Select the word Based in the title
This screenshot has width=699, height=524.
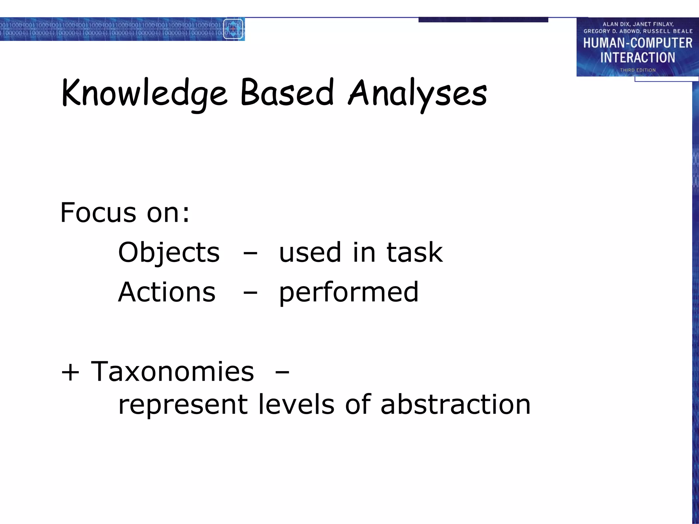click(x=287, y=92)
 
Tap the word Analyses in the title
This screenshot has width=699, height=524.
click(x=417, y=94)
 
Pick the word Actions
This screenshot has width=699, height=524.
click(x=167, y=292)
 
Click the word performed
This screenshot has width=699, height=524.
click(x=348, y=293)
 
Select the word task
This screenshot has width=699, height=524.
click(x=414, y=252)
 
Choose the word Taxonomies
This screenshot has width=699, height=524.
click(x=172, y=372)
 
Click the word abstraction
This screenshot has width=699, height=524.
click(x=455, y=404)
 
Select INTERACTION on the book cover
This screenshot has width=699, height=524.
click(x=638, y=58)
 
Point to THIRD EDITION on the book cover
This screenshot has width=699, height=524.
click(x=638, y=70)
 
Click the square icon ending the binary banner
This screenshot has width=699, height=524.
click(x=233, y=29)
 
